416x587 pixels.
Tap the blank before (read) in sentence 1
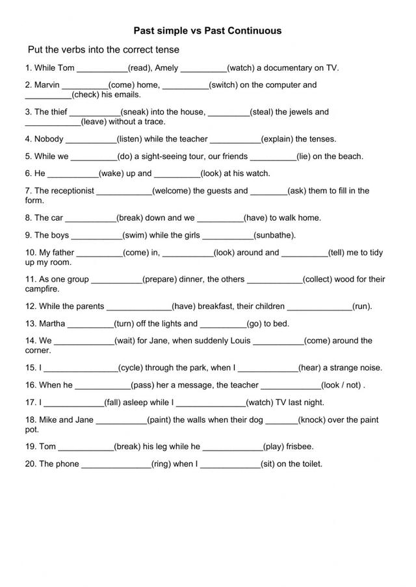coord(103,68)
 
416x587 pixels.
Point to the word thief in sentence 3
coord(55,112)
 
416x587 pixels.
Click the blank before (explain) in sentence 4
coord(235,139)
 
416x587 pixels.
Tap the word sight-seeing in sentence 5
coord(171,156)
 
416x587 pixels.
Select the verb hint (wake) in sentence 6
coord(112,173)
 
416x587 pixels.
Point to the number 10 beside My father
coord(30,253)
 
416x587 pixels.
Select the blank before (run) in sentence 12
coord(319,306)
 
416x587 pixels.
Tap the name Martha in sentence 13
coord(52,323)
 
